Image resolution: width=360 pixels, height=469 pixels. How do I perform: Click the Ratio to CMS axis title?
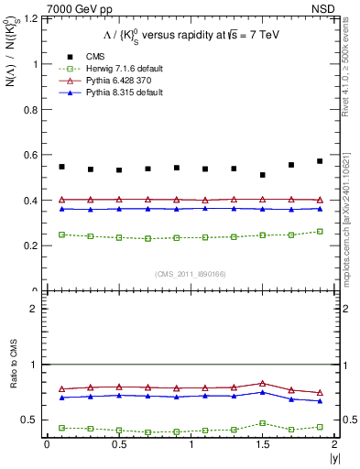15,389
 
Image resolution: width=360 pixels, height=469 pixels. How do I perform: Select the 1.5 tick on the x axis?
263,445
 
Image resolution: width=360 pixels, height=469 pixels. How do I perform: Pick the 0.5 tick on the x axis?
118,445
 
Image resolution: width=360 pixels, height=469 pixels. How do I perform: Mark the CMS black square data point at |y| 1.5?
263,175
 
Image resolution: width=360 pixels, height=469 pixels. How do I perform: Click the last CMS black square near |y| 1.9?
320,161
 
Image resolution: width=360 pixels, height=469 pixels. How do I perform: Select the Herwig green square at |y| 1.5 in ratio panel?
263,423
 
